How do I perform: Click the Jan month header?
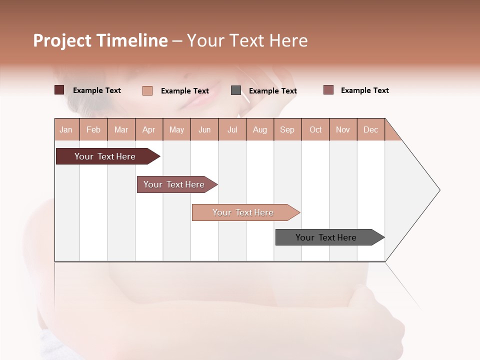point(66,129)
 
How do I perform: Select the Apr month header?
point(148,129)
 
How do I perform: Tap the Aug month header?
point(259,129)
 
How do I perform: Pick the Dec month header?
point(370,129)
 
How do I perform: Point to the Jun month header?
point(204,129)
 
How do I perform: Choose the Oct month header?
point(315,129)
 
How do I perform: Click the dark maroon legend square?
point(59,90)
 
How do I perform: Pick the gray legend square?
point(235,90)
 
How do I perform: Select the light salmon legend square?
point(147,90)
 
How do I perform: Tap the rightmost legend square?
point(328,90)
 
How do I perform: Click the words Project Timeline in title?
point(100,40)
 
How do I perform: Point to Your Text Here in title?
point(247,40)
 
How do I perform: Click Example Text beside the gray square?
point(272,90)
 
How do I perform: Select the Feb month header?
point(93,129)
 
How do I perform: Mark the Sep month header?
point(287,129)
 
